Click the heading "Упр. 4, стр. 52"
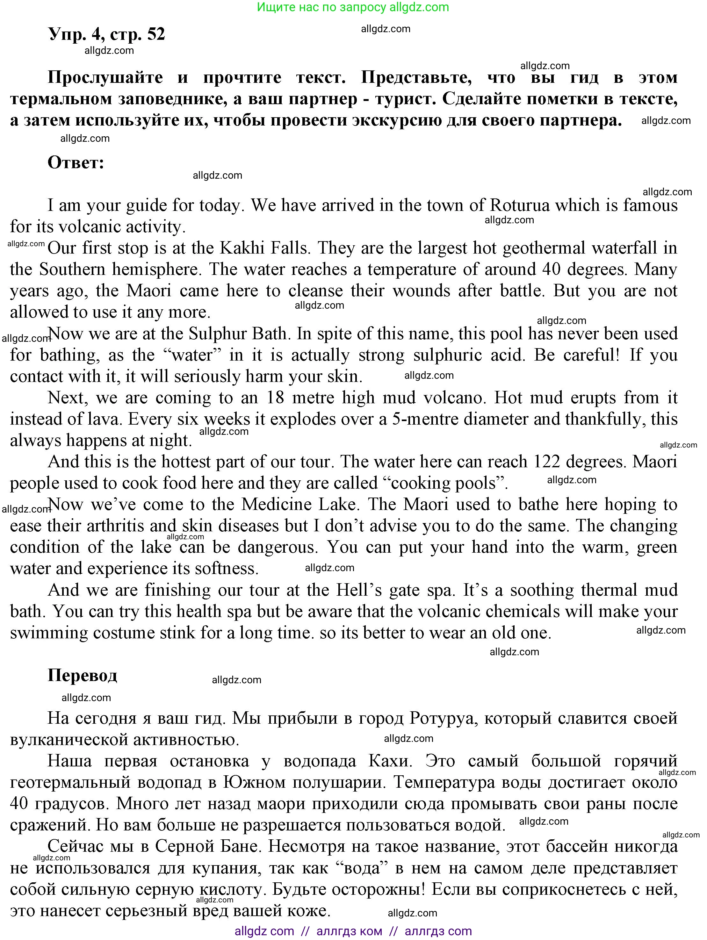tap(106, 34)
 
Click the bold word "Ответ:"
tap(76, 163)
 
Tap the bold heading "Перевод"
tap(82, 675)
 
